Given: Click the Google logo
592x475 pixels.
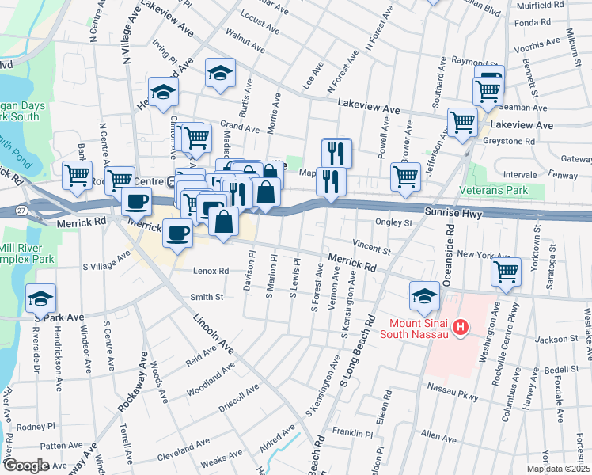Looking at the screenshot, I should (26, 465).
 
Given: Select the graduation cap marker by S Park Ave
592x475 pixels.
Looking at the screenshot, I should (40, 298).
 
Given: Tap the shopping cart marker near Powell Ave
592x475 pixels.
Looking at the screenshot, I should (405, 177).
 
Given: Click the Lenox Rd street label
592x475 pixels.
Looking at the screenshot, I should (211, 271).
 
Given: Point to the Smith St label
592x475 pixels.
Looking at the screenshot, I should (207, 297).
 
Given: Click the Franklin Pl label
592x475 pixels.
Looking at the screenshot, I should (352, 434).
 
